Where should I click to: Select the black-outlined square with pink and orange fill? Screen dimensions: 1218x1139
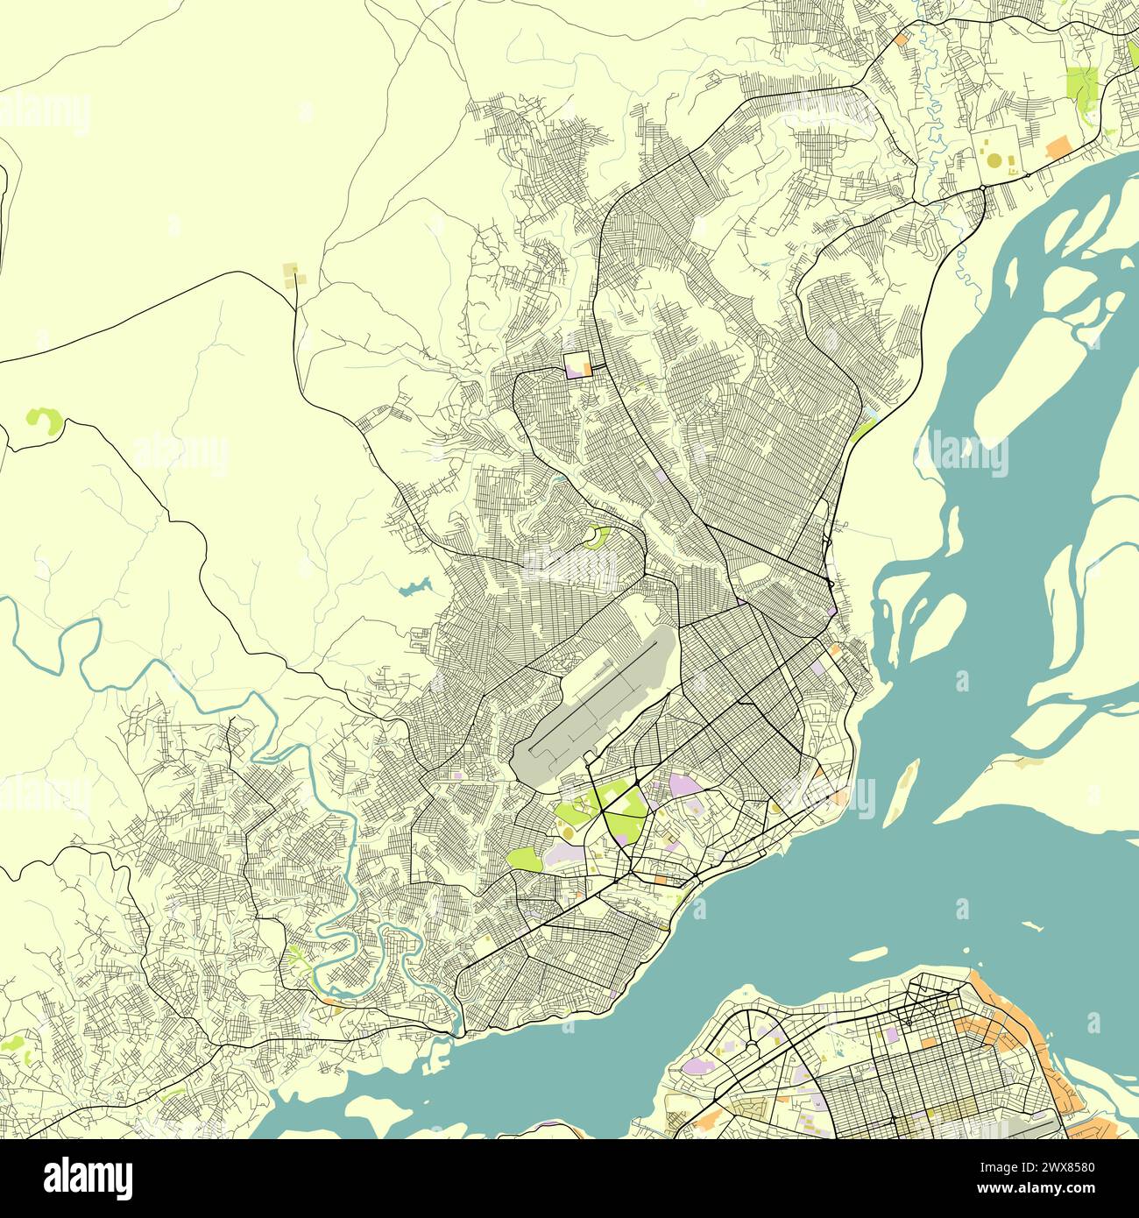(x=578, y=364)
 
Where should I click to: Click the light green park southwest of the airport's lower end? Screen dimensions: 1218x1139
(x=524, y=859)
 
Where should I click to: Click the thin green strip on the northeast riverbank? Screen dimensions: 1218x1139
(x=864, y=429)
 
